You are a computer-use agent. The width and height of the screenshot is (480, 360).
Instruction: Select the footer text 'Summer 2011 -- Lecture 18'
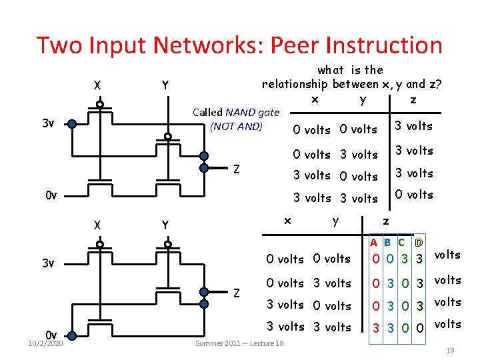(239, 343)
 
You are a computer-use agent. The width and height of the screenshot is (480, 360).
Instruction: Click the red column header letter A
(375, 243)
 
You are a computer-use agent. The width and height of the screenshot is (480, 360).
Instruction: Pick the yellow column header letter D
(418, 243)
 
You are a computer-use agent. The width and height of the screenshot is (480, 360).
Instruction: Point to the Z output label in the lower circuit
(236, 292)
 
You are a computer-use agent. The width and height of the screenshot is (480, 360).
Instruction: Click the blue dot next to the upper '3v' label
(73, 123)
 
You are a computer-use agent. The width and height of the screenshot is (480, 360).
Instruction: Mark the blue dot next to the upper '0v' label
(73, 195)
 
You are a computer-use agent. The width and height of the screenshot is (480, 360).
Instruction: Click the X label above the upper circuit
(98, 85)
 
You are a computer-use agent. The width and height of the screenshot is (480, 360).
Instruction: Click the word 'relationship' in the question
(295, 84)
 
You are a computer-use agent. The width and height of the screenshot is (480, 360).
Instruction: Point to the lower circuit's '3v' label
(47, 263)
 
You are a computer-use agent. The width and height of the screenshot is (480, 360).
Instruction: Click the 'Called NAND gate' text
(235, 112)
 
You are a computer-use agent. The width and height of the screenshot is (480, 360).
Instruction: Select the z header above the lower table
(385, 221)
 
